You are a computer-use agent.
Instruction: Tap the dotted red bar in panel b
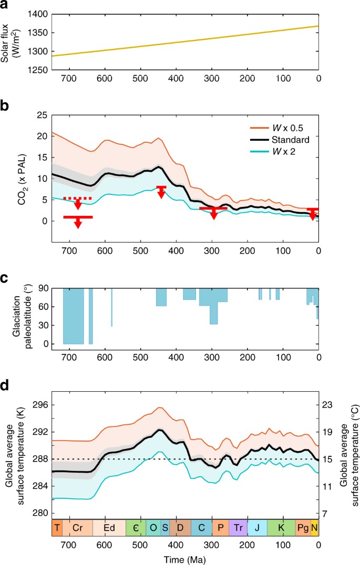(77, 198)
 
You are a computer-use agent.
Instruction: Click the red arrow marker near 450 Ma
(161, 191)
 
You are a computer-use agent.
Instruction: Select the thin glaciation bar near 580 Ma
(111, 307)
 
